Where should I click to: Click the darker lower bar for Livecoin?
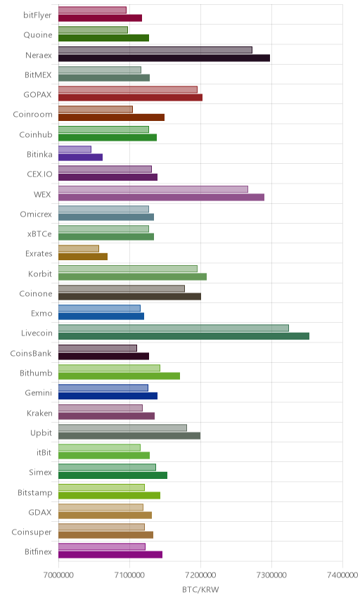pos(184,336)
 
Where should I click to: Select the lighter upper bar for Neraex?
pos(155,50)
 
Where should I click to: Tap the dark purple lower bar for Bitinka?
pos(81,157)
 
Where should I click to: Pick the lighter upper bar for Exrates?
pos(79,248)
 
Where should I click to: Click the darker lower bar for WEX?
pos(161,198)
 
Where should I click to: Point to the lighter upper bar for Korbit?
pos(128,269)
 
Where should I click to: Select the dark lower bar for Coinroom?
pos(111,117)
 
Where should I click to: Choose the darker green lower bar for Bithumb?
pos(119,376)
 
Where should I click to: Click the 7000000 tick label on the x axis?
pos(58,575)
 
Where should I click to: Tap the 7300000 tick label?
pos(271,575)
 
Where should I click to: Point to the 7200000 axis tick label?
pos(200,575)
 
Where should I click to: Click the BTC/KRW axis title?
pos(200,590)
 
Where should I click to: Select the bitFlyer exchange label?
pos(37,15)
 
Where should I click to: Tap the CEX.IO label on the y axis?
pos(39,174)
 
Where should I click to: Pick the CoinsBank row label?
pos(31,353)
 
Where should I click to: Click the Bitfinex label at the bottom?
pos(38,551)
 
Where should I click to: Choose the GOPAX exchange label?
pos(37,94)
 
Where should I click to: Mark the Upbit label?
pos(41,433)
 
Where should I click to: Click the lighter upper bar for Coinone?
pos(121,288)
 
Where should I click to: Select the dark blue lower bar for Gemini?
pos(108,396)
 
